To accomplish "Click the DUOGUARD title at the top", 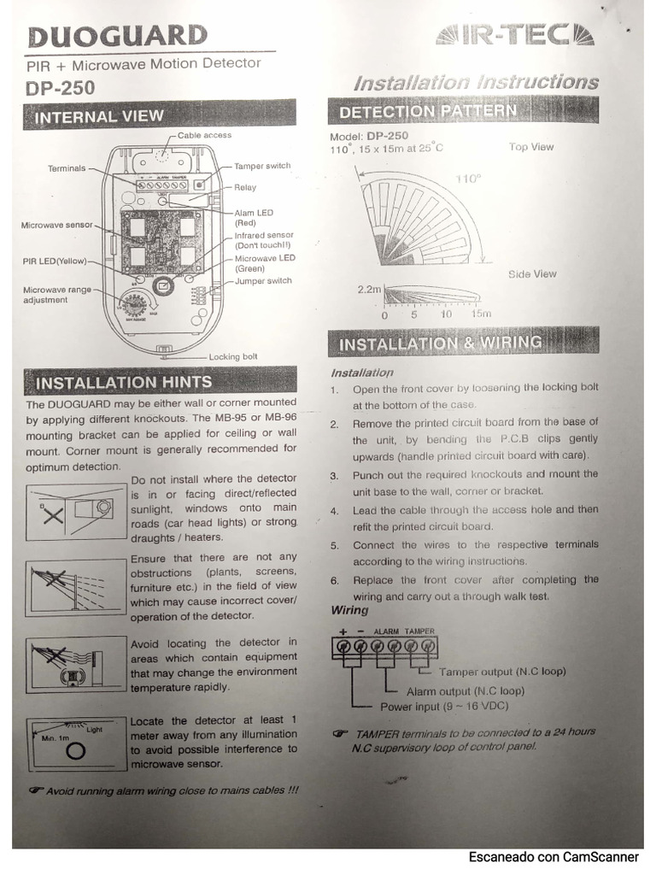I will pyautogui.click(x=118, y=36).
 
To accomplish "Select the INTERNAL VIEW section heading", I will pyautogui.click(x=99, y=117).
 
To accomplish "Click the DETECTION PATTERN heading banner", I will pyautogui.click(x=427, y=111).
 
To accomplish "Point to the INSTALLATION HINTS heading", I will pyautogui.click(x=123, y=382).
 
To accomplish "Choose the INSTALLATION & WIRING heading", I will pyautogui.click(x=440, y=344).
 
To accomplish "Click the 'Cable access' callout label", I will pyautogui.click(x=204, y=135).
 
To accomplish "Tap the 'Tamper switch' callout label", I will pyautogui.click(x=262, y=166).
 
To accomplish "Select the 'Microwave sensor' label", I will pyautogui.click(x=57, y=226).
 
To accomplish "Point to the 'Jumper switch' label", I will pyautogui.click(x=263, y=280).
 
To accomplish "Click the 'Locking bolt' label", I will pyautogui.click(x=233, y=356).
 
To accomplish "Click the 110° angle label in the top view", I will pyautogui.click(x=467, y=179).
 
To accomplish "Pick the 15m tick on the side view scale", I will pyautogui.click(x=481, y=314).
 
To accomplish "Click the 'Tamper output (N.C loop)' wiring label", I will pyautogui.click(x=502, y=672).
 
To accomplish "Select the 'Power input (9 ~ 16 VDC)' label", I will pyautogui.click(x=443, y=707).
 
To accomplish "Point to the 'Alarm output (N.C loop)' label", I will pyautogui.click(x=466, y=690).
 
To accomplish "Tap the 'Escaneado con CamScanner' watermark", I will pyautogui.click(x=553, y=856).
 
